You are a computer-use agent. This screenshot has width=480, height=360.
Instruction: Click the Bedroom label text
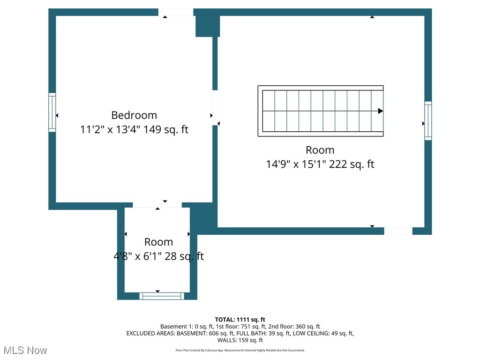point(134,115)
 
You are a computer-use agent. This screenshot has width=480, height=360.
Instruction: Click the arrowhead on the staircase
point(380,111)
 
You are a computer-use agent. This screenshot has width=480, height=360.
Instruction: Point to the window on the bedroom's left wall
point(52,112)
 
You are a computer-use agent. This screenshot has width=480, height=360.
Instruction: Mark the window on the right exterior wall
point(428,120)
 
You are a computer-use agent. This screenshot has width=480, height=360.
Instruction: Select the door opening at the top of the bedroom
point(176,12)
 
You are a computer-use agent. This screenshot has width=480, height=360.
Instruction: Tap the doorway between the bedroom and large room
point(215,108)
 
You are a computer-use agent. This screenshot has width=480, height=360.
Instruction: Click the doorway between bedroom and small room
point(157,205)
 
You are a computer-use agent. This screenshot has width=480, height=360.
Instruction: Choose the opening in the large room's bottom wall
point(398,231)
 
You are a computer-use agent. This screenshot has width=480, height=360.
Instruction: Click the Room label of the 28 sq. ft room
point(158,242)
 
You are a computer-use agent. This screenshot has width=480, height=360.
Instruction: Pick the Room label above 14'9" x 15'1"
point(320,150)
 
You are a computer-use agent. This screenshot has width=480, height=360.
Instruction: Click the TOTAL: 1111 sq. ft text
point(240,320)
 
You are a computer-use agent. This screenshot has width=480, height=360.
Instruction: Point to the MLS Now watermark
point(25,350)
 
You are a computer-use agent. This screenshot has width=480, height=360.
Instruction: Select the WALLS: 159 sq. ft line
point(240,340)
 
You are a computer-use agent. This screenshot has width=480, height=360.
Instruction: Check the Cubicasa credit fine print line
point(240,350)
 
